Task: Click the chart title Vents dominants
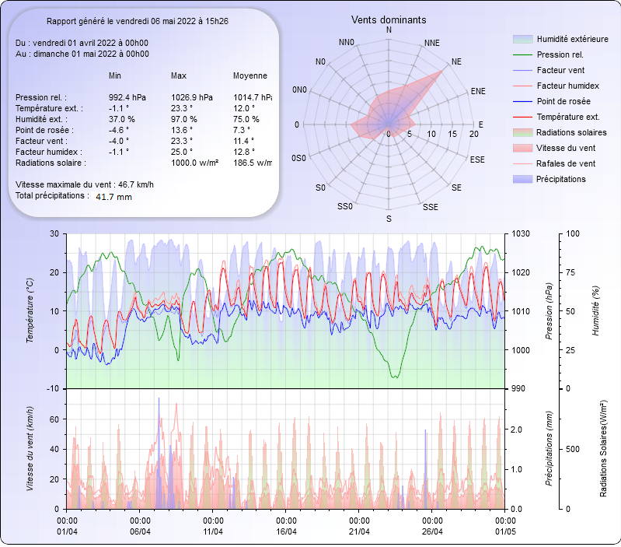(x=389, y=19)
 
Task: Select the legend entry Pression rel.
(x=560, y=54)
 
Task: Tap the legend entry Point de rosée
(x=563, y=102)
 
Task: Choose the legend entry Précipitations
(x=561, y=179)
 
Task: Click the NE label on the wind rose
(x=456, y=61)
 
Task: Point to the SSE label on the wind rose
(x=430, y=207)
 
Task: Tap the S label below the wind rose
(x=389, y=219)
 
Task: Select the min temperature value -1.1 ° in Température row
(x=118, y=108)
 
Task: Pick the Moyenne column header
(x=250, y=76)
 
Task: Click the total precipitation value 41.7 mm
(x=113, y=197)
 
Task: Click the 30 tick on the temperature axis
(x=54, y=233)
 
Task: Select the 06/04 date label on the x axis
(x=140, y=531)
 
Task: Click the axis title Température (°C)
(x=30, y=311)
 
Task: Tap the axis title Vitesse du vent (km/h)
(x=30, y=448)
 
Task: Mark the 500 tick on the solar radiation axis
(x=572, y=449)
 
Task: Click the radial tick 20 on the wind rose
(x=474, y=134)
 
